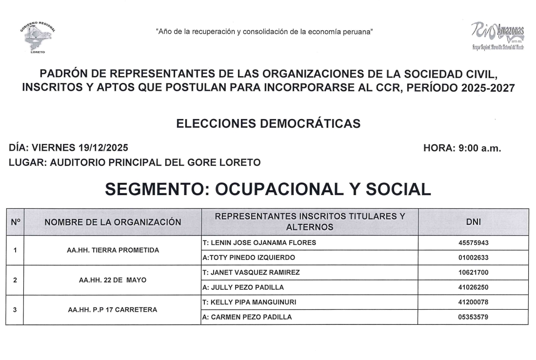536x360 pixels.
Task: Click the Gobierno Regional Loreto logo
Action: tap(38, 37)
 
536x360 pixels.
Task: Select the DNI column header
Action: tap(473, 222)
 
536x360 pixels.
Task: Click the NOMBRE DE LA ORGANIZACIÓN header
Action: tap(113, 222)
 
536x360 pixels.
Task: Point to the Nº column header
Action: tap(15, 222)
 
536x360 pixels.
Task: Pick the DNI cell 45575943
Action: tap(473, 243)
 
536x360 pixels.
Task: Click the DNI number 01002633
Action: tap(473, 258)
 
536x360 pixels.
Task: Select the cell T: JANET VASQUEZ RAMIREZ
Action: tap(251, 272)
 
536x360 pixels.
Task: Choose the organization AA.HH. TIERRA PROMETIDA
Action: tap(113, 250)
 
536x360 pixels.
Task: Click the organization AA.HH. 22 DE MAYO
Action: tap(113, 280)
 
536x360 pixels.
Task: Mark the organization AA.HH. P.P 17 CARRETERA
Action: tap(113, 310)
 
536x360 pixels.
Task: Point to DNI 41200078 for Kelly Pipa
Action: tap(473, 302)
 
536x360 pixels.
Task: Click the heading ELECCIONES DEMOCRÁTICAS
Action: tap(268, 124)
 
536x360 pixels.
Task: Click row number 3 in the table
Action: tap(15, 310)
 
